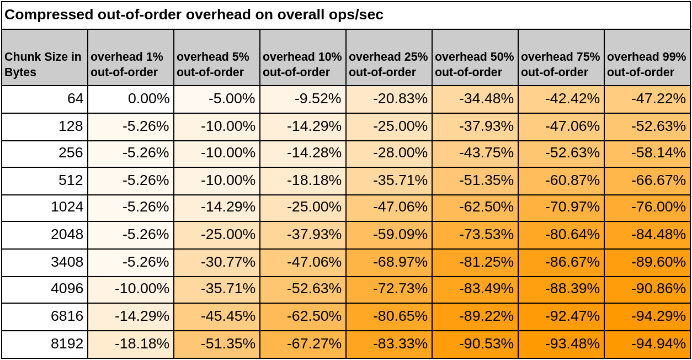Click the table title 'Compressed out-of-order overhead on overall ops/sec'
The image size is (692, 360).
tap(194, 15)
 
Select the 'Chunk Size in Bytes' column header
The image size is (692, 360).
tap(44, 64)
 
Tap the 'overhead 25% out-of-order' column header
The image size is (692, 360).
tap(388, 64)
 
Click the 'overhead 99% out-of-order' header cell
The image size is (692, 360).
tap(647, 64)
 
